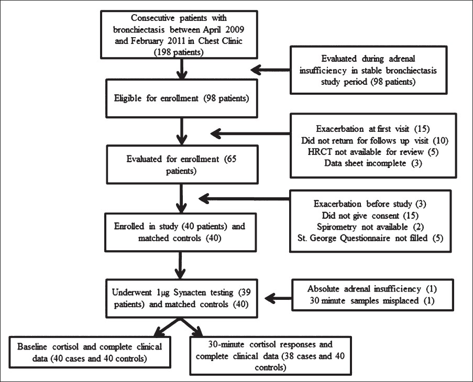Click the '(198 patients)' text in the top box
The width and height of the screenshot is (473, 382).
point(179,52)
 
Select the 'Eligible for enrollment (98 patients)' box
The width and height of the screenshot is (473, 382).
point(182,98)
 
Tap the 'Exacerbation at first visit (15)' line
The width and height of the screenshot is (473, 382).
point(373,129)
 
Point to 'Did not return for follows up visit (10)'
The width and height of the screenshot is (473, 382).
point(375,140)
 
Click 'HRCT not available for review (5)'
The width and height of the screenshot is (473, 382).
point(373,152)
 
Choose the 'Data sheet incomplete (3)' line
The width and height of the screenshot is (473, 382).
point(373,163)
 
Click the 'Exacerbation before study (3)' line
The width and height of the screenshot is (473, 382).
point(370,204)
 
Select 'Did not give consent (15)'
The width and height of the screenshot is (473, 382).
point(370,216)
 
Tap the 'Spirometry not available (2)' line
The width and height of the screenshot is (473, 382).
point(370,227)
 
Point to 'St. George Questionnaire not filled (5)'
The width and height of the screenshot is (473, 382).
point(370,238)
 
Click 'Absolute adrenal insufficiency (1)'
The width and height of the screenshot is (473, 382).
point(372,289)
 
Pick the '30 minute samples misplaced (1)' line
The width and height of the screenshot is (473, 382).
point(372,300)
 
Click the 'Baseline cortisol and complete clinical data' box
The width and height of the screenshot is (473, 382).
point(90,352)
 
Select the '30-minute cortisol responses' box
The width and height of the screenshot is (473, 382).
point(271,356)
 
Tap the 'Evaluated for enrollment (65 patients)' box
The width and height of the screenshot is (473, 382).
point(182,164)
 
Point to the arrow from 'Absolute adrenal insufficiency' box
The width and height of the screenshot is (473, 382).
point(278,299)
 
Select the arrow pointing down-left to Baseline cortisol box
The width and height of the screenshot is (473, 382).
point(167,328)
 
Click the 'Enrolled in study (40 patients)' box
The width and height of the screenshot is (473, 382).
point(180,232)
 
